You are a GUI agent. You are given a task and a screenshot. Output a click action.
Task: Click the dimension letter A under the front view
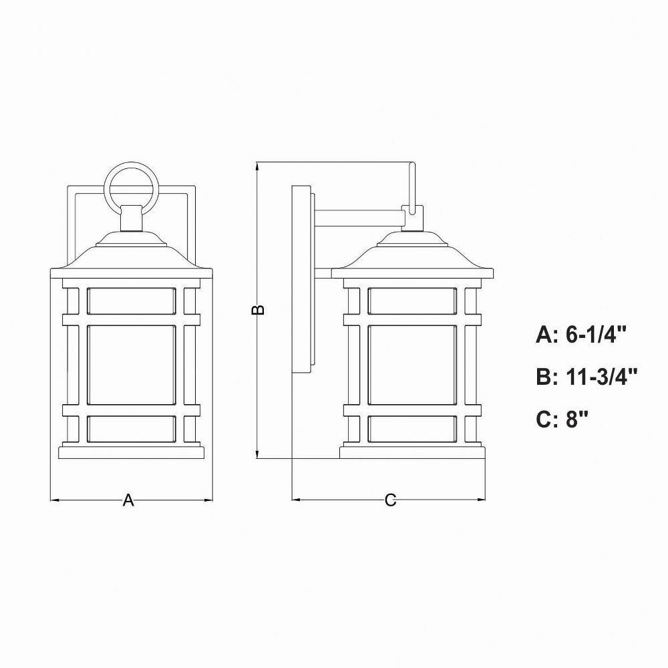(x=128, y=500)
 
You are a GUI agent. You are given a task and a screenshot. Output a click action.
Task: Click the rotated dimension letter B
(x=258, y=310)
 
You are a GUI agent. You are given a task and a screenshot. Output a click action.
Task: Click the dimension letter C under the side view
(x=390, y=500)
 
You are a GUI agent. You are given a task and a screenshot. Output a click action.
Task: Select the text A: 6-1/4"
(x=581, y=335)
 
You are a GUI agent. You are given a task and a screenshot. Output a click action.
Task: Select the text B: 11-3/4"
(x=587, y=377)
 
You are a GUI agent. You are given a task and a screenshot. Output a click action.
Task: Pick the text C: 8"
(x=562, y=420)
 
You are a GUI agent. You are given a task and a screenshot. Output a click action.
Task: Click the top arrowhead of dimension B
(x=257, y=167)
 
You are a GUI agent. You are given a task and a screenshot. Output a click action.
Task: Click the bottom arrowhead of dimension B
(x=257, y=454)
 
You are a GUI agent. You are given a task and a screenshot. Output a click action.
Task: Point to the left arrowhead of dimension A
(x=55, y=500)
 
